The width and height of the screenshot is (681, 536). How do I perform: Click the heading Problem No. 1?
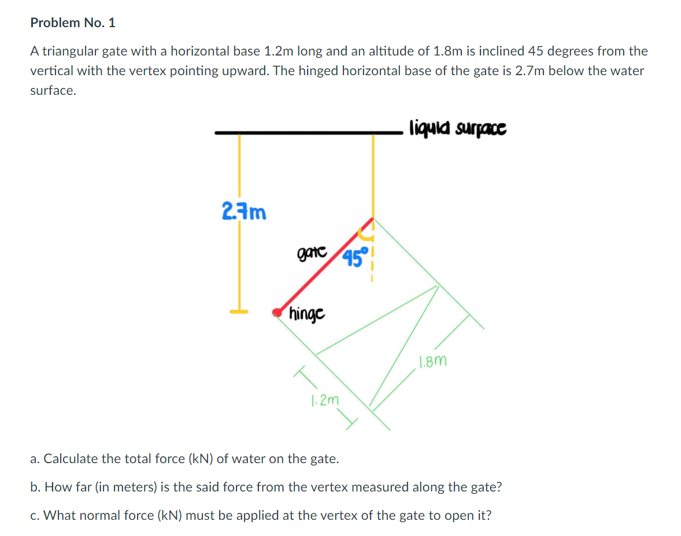pos(73,23)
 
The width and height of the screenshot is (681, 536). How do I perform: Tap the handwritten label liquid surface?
pos(457,127)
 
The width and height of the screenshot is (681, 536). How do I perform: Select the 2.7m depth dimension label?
pos(244,212)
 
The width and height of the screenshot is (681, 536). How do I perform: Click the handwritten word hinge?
pos(307,314)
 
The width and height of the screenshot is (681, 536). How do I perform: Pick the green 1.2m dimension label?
pos(324,399)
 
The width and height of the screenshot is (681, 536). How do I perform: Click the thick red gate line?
pos(327,267)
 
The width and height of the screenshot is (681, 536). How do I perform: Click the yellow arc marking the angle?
pos(365,234)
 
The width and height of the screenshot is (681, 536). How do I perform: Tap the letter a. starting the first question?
pos(35,459)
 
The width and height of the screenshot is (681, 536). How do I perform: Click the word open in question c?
pos(445,515)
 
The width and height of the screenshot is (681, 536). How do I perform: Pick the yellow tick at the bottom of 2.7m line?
pos(239,312)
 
